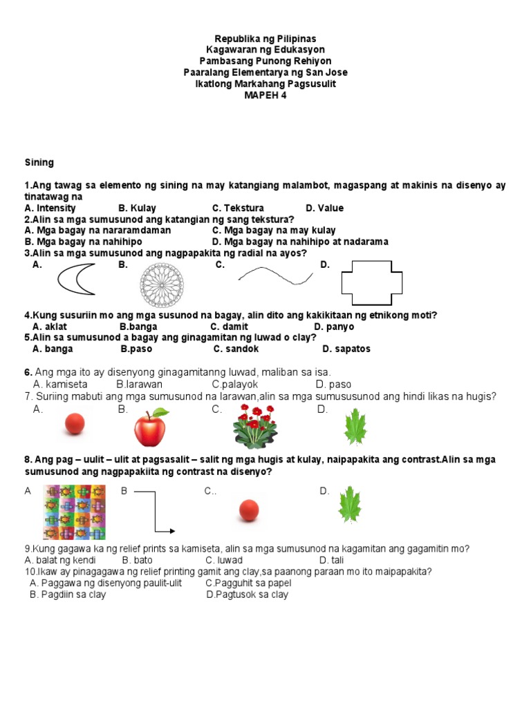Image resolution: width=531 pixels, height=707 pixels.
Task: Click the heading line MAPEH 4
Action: (x=265, y=95)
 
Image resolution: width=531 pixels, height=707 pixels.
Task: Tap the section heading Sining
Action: (x=39, y=163)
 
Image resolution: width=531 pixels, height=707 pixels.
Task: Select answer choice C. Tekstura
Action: (x=238, y=208)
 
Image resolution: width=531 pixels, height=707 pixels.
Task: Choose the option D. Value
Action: (x=324, y=208)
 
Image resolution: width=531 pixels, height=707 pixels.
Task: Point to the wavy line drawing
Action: (x=275, y=276)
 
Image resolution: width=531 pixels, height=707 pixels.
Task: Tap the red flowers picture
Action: (x=255, y=427)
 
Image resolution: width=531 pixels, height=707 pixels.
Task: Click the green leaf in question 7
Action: (x=356, y=427)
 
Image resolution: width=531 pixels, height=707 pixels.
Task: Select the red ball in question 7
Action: (x=74, y=424)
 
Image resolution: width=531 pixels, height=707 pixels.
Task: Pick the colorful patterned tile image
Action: (x=74, y=512)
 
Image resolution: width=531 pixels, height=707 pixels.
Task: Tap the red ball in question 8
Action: (x=248, y=511)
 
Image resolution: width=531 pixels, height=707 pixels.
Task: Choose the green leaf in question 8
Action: (x=349, y=505)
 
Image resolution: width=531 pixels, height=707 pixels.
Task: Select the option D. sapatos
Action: (x=346, y=349)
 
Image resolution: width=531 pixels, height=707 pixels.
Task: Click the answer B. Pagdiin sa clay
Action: (x=68, y=594)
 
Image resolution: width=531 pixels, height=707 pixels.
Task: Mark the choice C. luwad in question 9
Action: (x=224, y=560)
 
